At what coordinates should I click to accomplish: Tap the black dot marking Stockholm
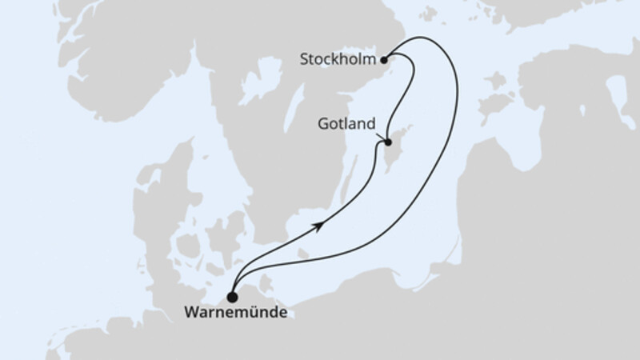click(385, 58)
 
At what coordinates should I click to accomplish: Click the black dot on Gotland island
click(388, 143)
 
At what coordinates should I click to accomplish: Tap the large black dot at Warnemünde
click(233, 295)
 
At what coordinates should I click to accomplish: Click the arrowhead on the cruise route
click(321, 226)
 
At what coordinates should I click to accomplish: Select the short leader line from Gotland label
click(381, 137)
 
